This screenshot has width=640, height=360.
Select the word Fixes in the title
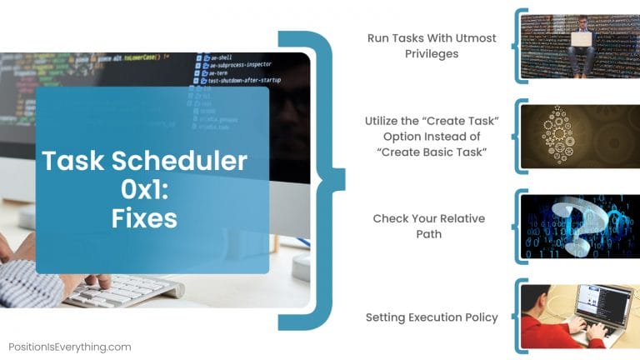coord(144,217)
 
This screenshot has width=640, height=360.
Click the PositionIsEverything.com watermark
coord(70,347)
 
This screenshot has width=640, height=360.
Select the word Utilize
coord(383,121)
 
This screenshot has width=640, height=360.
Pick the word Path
coord(429,234)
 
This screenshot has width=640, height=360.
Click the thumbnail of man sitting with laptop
coord(579,46)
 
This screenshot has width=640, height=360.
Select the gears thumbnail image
coord(579,136)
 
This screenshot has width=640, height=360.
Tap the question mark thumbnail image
coord(579,226)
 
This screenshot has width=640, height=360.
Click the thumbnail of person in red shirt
coord(579,316)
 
